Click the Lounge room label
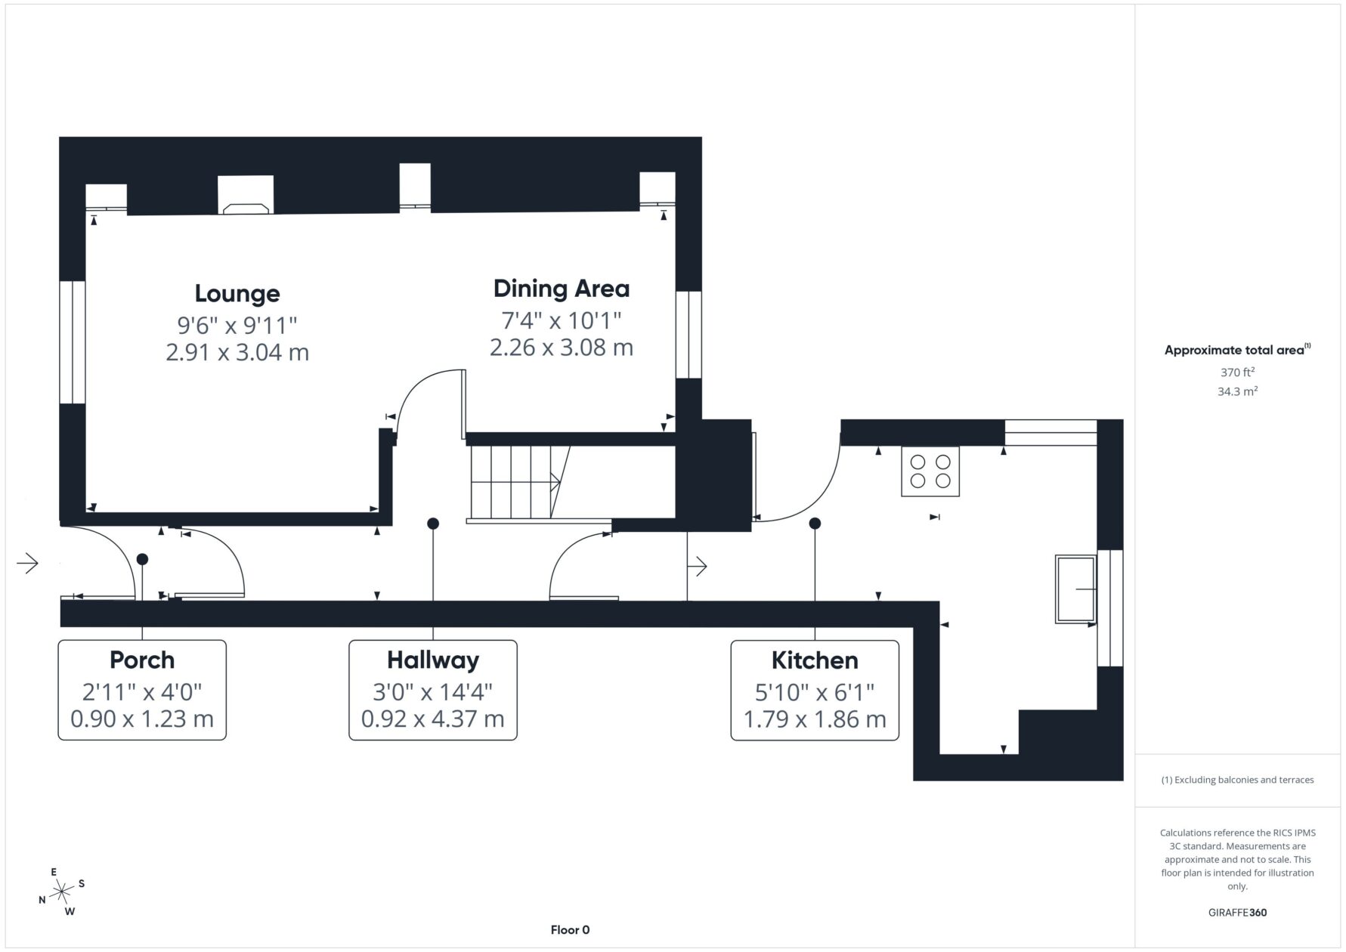(x=237, y=293)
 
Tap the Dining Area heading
(x=562, y=289)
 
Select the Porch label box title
(x=142, y=660)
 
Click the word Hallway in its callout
(x=433, y=660)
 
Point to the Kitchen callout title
(x=815, y=660)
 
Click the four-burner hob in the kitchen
(x=930, y=471)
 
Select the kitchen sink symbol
(x=1075, y=589)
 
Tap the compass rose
(x=62, y=892)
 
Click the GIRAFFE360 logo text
(x=1237, y=912)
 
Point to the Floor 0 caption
(x=570, y=930)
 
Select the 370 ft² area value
(x=1237, y=372)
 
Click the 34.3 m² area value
(x=1237, y=391)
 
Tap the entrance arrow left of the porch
(x=28, y=564)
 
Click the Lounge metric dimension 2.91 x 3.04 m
(x=237, y=352)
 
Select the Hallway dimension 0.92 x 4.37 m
(x=433, y=719)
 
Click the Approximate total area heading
(x=1237, y=350)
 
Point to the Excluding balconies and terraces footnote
(x=1237, y=780)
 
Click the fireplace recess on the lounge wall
(x=246, y=196)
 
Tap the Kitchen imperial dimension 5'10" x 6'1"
(x=815, y=691)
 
